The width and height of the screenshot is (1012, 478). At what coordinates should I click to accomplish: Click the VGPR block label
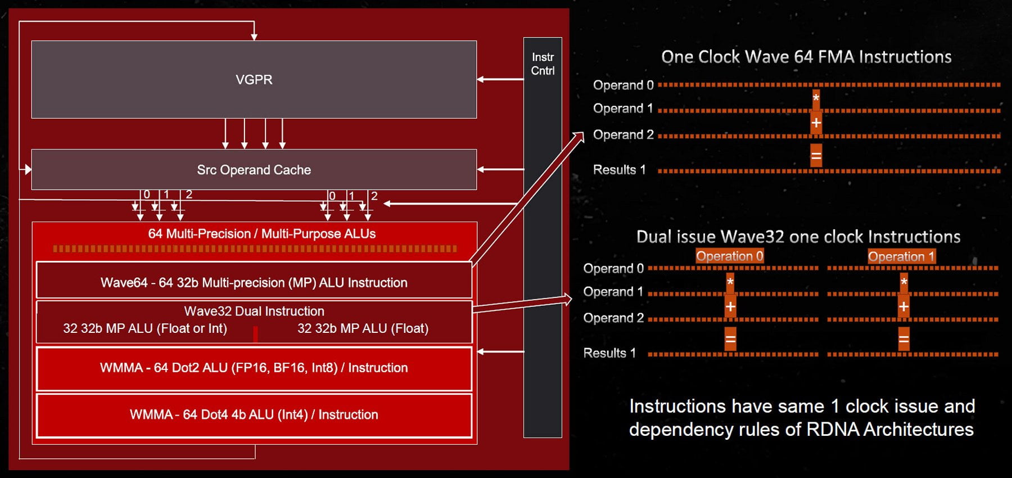pos(254,79)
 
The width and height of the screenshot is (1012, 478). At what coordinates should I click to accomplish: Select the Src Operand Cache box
pos(254,169)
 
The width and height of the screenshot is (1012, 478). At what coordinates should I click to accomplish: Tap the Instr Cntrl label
pos(543,64)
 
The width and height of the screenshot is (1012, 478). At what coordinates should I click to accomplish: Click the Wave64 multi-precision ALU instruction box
pos(254,280)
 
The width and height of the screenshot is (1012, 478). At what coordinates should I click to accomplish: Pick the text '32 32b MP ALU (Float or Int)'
pos(145,328)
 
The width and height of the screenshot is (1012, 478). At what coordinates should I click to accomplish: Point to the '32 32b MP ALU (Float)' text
pos(363,328)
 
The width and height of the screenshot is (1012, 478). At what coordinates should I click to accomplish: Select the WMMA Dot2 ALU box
pos(254,368)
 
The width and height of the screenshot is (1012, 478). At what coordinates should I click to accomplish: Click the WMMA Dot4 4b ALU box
pos(254,416)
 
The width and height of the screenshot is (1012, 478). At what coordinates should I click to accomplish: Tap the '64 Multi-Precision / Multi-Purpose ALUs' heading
pos(262,233)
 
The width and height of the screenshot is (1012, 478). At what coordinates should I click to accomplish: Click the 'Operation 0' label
pos(730,256)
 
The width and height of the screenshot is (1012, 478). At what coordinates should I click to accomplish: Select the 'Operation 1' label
pos(901,256)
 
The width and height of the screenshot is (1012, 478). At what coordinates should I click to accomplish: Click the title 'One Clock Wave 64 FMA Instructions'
pos(806,57)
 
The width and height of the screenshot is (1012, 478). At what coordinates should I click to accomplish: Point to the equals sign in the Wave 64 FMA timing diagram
pos(816,155)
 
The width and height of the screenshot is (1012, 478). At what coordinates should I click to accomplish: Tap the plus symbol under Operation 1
pos(903,306)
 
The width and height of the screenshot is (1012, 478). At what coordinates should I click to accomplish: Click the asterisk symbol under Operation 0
pos(730,281)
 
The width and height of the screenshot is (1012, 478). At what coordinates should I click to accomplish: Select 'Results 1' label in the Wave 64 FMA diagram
pos(619,170)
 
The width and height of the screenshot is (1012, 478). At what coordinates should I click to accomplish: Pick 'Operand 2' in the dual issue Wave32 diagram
pos(613,318)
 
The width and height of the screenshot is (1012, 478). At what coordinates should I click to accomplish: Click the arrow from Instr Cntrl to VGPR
pos(500,79)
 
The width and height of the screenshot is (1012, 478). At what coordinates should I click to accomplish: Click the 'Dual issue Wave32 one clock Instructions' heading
pos(798,237)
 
